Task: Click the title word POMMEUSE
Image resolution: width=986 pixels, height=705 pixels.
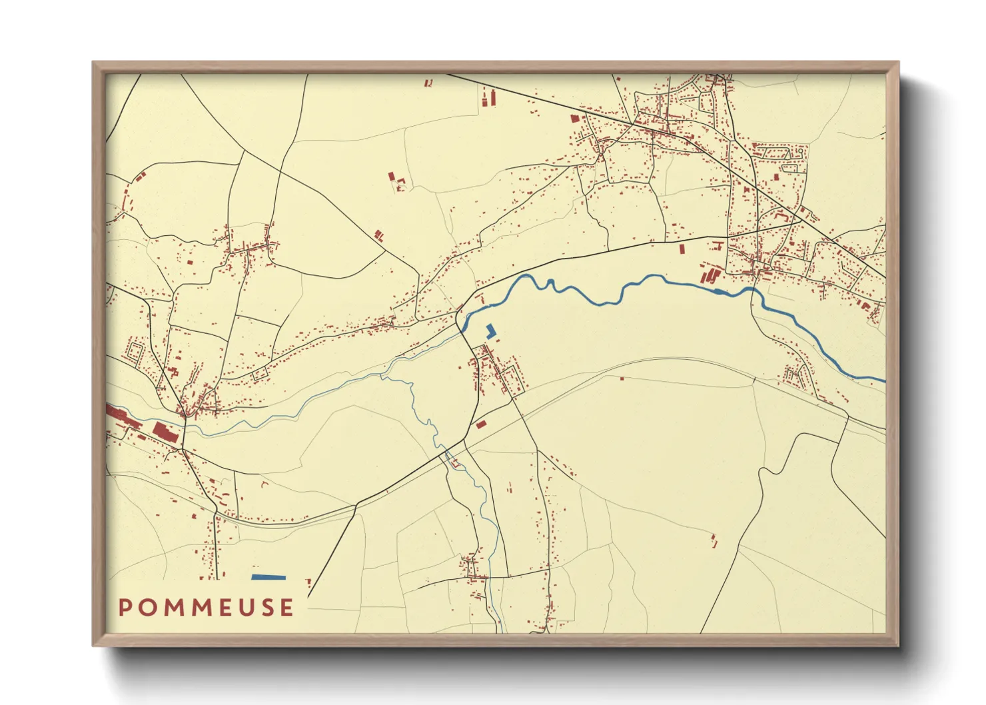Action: (x=206, y=607)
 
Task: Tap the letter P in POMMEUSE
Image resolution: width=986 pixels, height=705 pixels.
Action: (x=125, y=607)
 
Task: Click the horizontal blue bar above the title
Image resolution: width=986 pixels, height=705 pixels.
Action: (x=268, y=577)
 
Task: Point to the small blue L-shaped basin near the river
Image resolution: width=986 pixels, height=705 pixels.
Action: (x=492, y=331)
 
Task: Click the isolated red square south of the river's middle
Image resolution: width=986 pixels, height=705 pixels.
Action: (x=622, y=378)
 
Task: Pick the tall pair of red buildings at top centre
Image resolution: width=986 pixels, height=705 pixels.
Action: (x=489, y=98)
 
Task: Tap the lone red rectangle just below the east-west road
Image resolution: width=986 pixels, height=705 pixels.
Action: (x=682, y=249)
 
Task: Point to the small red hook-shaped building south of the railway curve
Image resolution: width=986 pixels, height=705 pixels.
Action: (x=264, y=484)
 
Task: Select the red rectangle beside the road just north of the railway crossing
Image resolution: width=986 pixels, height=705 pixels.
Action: (x=481, y=424)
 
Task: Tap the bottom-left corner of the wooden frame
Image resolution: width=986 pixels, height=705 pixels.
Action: (x=95, y=644)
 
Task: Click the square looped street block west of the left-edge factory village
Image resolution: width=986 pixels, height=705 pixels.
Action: (x=135, y=352)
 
